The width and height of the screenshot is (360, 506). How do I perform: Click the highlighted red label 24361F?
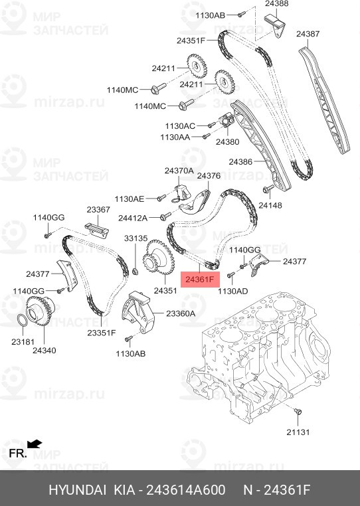click(x=200, y=279)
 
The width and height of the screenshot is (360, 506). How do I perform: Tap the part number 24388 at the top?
click(x=277, y=4)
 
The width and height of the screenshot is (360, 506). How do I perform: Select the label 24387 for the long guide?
click(x=308, y=34)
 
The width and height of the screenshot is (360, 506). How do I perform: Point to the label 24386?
click(x=240, y=161)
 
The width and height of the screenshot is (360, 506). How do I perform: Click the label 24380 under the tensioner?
click(x=228, y=141)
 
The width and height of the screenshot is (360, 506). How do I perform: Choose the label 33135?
click(x=136, y=238)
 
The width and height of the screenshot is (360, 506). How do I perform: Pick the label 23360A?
click(x=181, y=313)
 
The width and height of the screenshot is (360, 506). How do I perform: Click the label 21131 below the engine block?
click(x=298, y=432)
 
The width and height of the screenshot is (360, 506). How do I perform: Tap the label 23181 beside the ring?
click(x=23, y=341)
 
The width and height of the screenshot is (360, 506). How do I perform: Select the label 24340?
click(x=45, y=351)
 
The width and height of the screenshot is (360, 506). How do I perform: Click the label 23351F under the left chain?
click(x=102, y=333)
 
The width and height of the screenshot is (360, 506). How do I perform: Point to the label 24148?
click(x=270, y=206)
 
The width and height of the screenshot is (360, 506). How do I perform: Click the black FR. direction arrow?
click(x=35, y=444)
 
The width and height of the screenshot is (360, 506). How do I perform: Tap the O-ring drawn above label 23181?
click(x=22, y=320)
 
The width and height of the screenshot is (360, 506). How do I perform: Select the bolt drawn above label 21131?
click(x=298, y=412)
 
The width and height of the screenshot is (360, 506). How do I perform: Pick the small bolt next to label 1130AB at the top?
click(x=242, y=14)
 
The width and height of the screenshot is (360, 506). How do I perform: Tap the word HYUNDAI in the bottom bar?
click(x=77, y=490)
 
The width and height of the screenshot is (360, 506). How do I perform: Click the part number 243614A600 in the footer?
click(x=186, y=490)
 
